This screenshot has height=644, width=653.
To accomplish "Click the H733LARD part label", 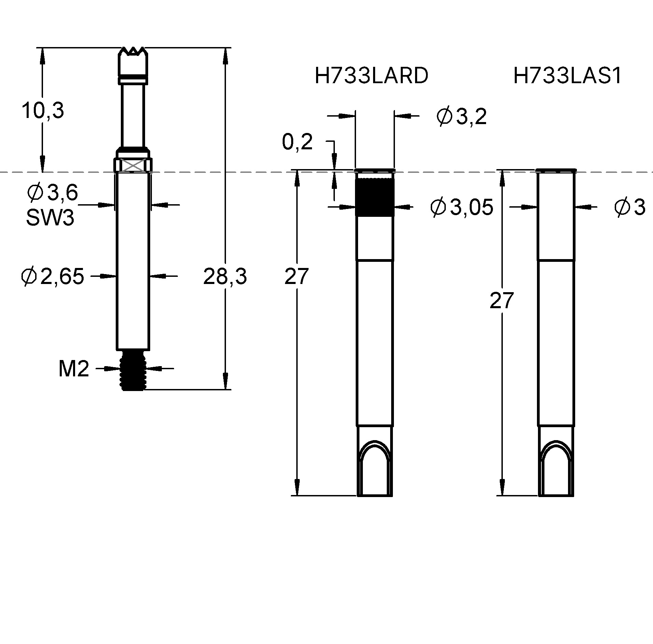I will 371,76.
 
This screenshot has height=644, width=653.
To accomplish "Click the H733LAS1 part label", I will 567,76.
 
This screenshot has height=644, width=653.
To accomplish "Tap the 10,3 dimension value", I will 43,110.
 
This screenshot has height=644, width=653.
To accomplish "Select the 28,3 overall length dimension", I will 225,276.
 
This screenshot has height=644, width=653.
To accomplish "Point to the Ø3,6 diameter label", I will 52,193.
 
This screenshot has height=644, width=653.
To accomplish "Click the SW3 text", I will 50,218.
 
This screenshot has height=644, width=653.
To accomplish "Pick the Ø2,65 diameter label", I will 52,276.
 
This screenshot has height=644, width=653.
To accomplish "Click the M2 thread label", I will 74,369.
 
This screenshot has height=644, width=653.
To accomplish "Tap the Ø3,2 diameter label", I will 461,117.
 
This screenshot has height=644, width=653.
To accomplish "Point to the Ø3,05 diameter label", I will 462,207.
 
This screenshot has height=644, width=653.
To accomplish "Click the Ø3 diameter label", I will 630,207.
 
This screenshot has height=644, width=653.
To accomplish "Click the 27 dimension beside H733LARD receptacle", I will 296,276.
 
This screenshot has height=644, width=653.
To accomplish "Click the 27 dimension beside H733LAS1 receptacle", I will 501,300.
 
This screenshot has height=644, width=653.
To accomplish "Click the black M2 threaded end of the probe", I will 132,371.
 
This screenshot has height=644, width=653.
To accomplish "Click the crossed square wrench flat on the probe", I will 132,166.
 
